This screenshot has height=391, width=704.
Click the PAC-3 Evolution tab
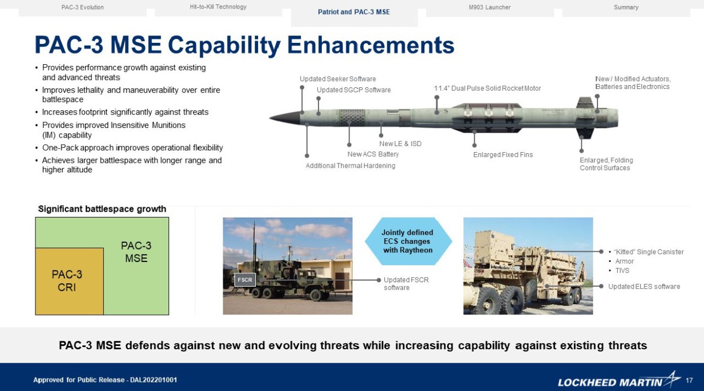(82, 7)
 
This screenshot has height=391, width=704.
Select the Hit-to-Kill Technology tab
(218, 7)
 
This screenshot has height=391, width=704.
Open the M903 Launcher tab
(489, 7)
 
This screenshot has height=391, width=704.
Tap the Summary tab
(626, 7)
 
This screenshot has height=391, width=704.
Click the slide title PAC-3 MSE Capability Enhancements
(244, 45)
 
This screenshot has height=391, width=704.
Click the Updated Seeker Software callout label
(338, 79)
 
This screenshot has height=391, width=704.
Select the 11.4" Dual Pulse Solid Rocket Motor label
(487, 88)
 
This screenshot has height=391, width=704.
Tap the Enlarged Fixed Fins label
(503, 154)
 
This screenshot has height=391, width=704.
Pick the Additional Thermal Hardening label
(350, 166)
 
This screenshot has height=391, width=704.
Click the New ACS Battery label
(373, 154)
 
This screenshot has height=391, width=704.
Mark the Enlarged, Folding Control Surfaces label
(606, 164)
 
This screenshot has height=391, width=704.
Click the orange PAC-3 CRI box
(68, 281)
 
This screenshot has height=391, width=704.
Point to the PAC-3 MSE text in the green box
(136, 252)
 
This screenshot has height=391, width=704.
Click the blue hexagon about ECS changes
(408, 241)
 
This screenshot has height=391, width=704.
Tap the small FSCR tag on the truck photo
(245, 279)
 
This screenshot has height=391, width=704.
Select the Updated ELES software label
(644, 287)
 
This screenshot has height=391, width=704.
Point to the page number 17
(689, 380)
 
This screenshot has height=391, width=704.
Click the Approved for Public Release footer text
(105, 380)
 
